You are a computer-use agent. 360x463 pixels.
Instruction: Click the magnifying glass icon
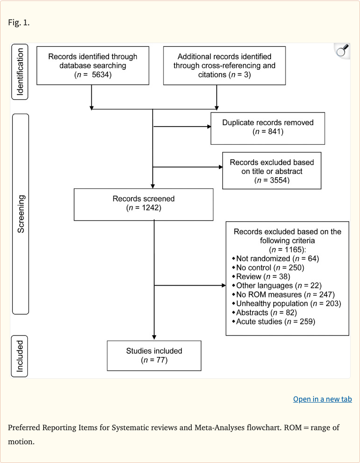[342, 51]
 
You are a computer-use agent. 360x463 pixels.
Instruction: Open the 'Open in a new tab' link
[322, 399]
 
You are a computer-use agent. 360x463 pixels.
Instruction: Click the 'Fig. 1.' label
[19, 22]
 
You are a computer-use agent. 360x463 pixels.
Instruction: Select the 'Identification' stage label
[20, 73]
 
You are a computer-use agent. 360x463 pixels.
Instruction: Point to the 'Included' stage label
[20, 356]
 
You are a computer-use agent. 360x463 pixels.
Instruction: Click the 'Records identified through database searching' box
[93, 66]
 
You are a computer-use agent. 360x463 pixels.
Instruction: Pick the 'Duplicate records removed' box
[268, 127]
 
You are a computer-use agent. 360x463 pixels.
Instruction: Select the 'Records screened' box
[143, 203]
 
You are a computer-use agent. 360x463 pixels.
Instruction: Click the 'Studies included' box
[154, 355]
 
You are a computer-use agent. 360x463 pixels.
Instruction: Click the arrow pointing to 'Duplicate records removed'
[208, 127]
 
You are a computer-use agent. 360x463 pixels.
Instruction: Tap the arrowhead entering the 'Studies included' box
[154, 337]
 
